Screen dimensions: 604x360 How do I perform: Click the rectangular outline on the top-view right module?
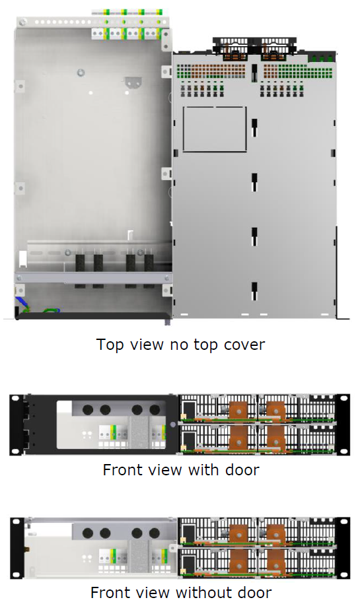click(x=215, y=129)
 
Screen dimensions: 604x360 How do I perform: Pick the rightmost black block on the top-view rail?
click(x=149, y=263)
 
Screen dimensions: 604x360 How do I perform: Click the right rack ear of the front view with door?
click(x=343, y=424)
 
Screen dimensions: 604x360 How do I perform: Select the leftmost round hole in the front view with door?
click(x=87, y=410)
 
